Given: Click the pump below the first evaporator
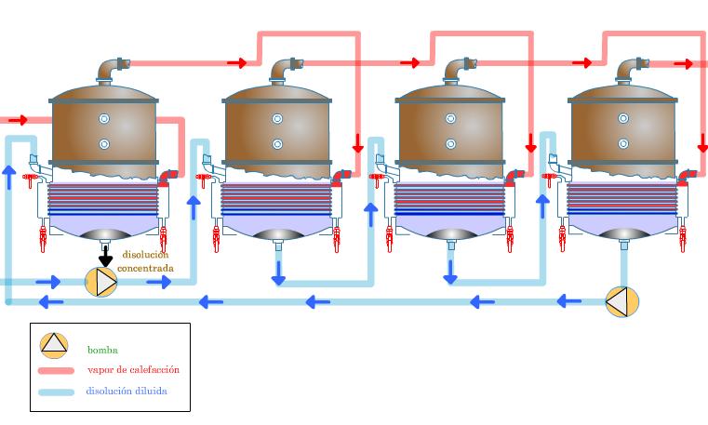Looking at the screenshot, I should coord(101,282).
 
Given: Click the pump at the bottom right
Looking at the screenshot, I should coord(621,302).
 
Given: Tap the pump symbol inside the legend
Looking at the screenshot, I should coord(54,344).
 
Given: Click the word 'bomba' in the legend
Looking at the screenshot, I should coord(102,351).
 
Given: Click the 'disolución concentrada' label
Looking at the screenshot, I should coord(147,261).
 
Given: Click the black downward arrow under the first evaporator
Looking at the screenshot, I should coord(105,255).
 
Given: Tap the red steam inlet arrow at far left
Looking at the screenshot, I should coord(18,120).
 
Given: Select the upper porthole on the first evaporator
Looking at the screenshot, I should coord(104,119).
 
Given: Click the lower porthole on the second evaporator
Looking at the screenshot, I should coord(277,144).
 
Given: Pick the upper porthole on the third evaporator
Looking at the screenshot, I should coord(450,119).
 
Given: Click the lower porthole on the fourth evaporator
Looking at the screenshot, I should coord(623,144).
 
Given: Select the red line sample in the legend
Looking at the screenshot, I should coord(56,371).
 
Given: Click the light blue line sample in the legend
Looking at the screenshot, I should coord(56,392).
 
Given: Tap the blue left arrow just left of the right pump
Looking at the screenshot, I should coord(568,301).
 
